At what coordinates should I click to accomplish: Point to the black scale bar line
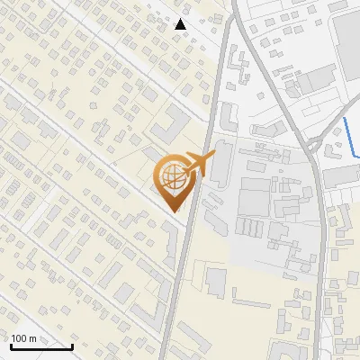40,346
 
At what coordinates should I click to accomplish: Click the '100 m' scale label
24,339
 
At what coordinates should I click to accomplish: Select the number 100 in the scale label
20,339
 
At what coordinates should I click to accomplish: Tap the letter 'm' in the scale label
33,339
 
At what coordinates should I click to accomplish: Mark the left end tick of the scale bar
10,344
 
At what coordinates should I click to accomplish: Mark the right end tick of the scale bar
72,344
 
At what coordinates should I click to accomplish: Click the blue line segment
350,136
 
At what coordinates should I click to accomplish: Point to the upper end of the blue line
345,118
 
